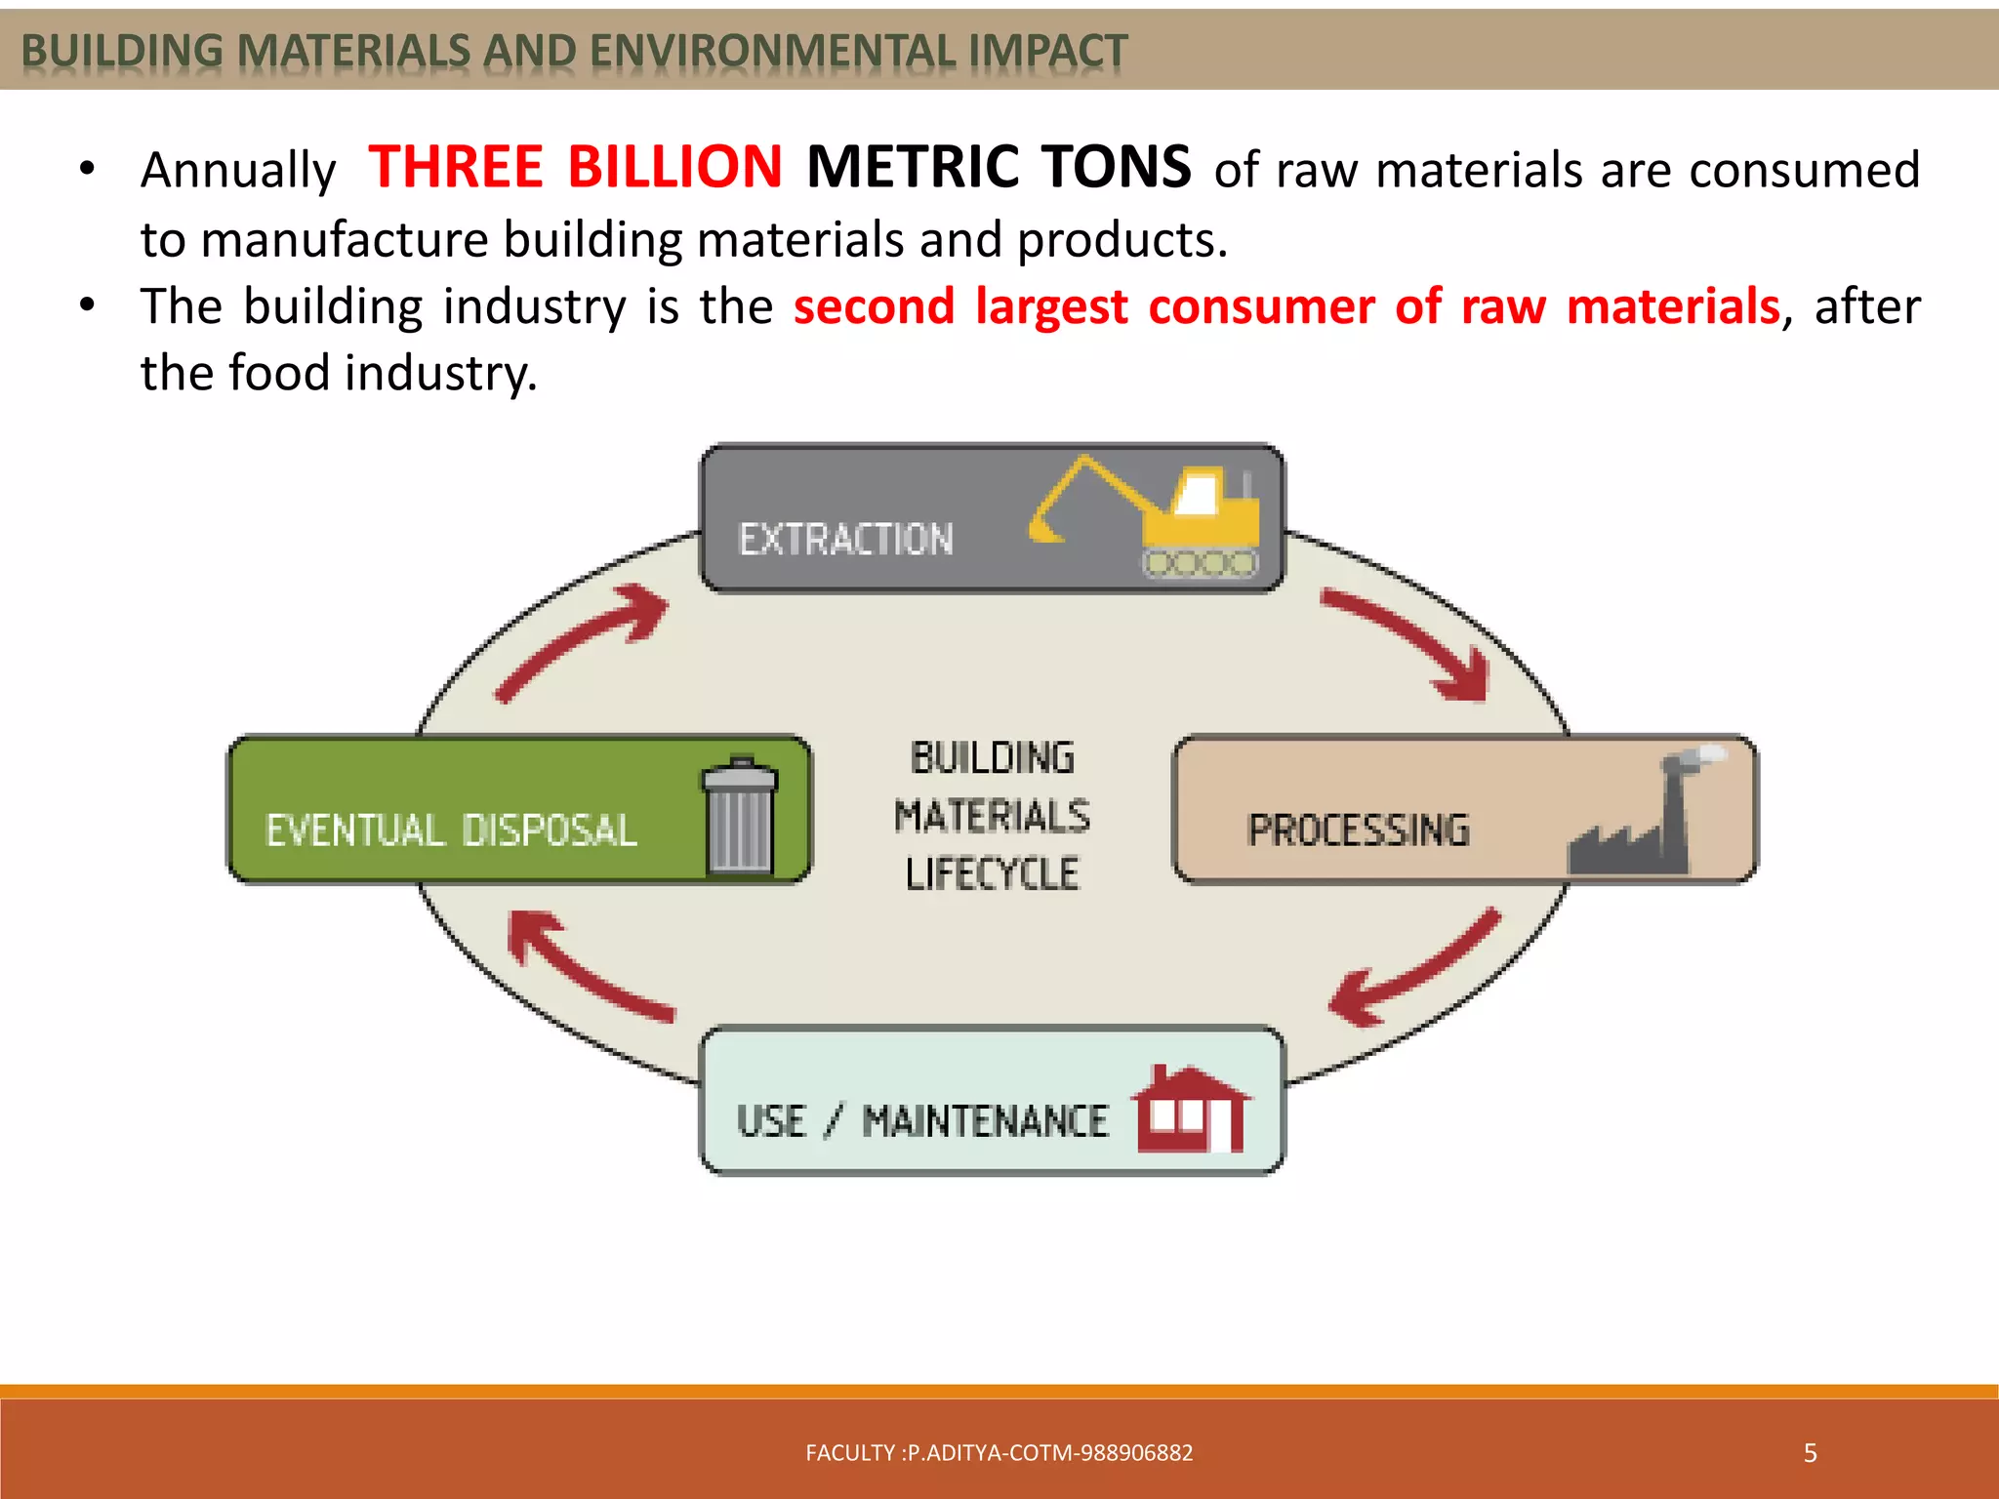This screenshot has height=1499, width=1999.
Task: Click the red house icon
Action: (1191, 1111)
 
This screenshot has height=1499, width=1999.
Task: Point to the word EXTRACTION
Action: (845, 540)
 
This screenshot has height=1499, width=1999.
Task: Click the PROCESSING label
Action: (1358, 831)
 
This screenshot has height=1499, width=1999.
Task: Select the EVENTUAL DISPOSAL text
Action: (451, 831)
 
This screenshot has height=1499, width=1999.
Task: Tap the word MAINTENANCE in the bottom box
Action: (985, 1121)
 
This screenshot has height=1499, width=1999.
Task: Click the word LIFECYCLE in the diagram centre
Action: (992, 873)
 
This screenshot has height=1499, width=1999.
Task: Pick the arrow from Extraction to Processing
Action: (1415, 644)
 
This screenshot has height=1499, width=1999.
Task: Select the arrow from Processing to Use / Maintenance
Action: (1415, 971)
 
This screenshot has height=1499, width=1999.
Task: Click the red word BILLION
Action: (674, 167)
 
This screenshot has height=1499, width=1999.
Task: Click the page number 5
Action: (1810, 1453)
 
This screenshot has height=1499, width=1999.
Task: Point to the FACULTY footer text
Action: (999, 1453)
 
